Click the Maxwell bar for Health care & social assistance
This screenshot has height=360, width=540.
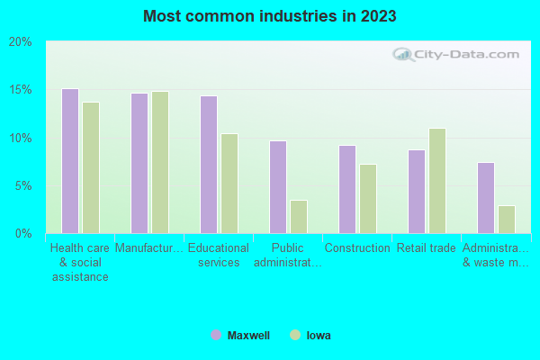69,161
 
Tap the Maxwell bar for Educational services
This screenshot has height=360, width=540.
209,165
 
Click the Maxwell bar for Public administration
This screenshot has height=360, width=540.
278,187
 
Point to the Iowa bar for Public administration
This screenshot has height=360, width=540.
299,217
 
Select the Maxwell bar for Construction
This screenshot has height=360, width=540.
347,189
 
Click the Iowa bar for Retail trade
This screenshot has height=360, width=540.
437,181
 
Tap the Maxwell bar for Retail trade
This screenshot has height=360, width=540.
417,192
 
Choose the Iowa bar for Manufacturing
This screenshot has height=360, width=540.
160,162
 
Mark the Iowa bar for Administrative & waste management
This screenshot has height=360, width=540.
507,220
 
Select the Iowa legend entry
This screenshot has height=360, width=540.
310,336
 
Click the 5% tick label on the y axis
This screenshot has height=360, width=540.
23,186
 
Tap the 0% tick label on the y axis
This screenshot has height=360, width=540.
23,234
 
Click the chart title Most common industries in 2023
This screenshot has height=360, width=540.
270,16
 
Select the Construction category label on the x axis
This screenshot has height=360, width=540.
357,248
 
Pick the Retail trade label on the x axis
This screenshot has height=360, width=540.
427,248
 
